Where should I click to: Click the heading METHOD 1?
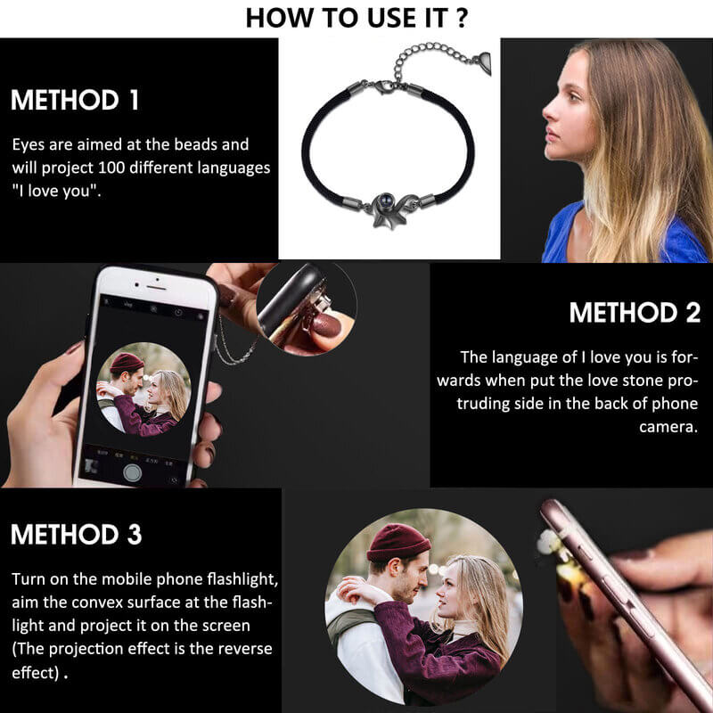(75, 100)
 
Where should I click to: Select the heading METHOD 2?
(635, 314)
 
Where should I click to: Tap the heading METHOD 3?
(76, 535)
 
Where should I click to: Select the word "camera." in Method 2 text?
(668, 427)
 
